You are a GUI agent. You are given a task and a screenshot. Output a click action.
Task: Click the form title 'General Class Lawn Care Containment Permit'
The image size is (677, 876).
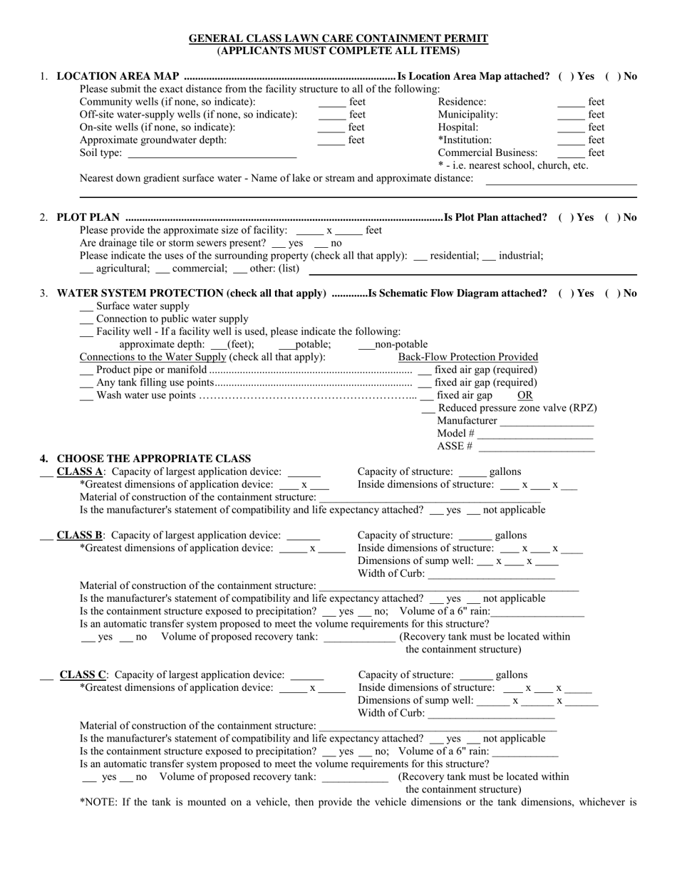pyautogui.click(x=338, y=38)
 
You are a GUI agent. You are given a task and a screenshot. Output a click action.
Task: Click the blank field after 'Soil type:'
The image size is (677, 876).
pyautogui.click(x=212, y=153)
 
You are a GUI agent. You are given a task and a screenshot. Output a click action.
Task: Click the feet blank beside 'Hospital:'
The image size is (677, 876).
pyautogui.click(x=570, y=127)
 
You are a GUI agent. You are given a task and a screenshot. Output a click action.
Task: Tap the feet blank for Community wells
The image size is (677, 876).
pyautogui.click(x=331, y=102)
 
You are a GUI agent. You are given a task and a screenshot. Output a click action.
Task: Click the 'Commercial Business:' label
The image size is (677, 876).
pyautogui.click(x=487, y=152)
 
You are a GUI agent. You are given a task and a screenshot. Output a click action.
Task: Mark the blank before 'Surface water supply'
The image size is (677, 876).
pyautogui.click(x=86, y=306)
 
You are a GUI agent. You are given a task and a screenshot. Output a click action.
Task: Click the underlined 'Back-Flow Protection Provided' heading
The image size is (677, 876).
pyautogui.click(x=467, y=357)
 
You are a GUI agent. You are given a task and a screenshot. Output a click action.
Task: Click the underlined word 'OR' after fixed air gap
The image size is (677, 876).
pyautogui.click(x=524, y=395)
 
